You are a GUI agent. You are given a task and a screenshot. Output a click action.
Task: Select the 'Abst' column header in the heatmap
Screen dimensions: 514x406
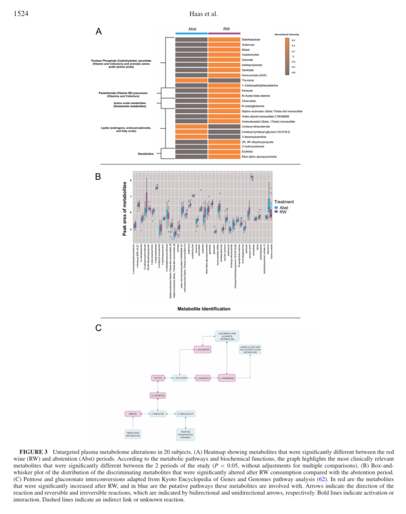pyautogui.click(x=192, y=29)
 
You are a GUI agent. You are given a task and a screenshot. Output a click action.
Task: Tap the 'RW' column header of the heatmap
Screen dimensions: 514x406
pyautogui.click(x=226, y=29)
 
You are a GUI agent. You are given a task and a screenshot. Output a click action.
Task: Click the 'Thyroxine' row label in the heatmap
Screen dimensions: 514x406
pyautogui.click(x=248, y=80)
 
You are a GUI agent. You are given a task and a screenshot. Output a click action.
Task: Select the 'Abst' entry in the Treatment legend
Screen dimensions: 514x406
pyautogui.click(x=283, y=207)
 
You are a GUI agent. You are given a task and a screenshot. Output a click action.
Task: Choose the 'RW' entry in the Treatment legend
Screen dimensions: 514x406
pyautogui.click(x=282, y=212)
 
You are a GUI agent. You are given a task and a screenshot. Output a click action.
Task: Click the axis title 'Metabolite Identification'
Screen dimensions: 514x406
pyautogui.click(x=204, y=309)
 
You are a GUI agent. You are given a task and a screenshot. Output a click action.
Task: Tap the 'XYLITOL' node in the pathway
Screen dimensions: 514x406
pyautogui.click(x=158, y=378)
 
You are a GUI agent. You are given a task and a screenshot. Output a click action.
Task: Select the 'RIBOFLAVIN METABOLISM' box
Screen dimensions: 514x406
pyautogui.click(x=133, y=434)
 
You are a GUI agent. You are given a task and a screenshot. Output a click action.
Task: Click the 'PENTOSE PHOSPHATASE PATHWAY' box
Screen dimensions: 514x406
pyautogui.click(x=186, y=434)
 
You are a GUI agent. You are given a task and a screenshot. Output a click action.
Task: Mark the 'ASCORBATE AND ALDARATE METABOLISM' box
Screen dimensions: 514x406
pyautogui.click(x=226, y=336)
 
